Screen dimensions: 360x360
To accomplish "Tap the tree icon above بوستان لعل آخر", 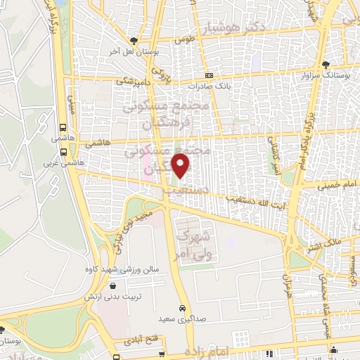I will pyautogui.click(x=134, y=41).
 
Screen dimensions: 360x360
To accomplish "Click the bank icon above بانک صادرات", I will pyautogui.click(x=208, y=75).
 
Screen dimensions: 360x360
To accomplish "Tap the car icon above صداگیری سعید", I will pyautogui.click(x=182, y=309).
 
